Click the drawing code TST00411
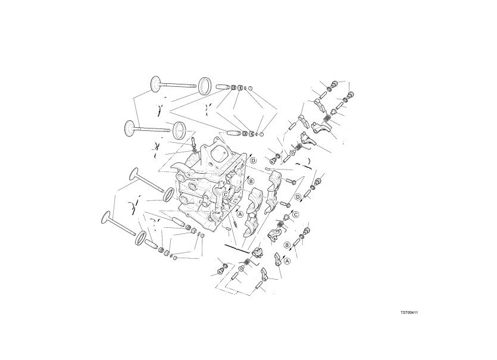click(418, 311)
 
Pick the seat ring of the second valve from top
click(179, 129)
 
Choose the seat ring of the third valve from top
click(169, 194)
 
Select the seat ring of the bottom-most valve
click(143, 239)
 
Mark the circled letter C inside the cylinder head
click(226, 193)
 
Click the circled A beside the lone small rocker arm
click(288, 260)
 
